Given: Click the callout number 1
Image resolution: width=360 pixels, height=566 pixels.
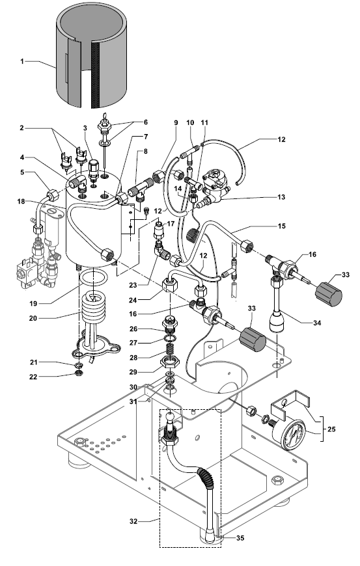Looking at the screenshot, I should click(x=22, y=61).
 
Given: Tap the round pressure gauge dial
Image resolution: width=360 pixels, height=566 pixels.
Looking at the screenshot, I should click(x=296, y=434).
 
